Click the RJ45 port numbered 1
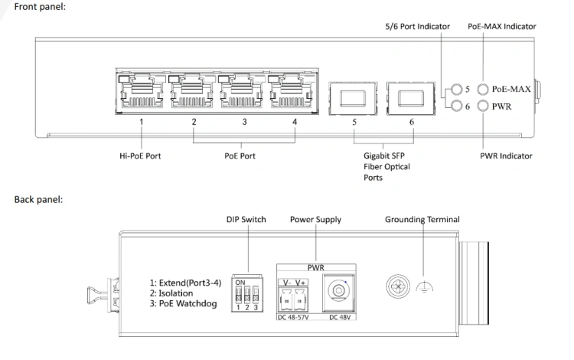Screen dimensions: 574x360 (x=141, y=91)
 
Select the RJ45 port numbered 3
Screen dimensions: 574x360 (x=241, y=91)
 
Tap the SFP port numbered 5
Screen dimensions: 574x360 (x=353, y=99)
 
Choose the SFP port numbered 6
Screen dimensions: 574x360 (x=411, y=99)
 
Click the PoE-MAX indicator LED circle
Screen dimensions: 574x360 (x=483, y=89)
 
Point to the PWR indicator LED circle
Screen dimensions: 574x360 (x=483, y=106)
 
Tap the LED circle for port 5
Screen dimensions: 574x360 (x=456, y=89)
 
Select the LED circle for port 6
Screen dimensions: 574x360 (x=456, y=106)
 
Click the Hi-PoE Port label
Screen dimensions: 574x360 (x=140, y=156)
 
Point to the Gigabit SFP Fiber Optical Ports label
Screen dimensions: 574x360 (x=386, y=167)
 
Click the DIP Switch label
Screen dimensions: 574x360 (x=246, y=219)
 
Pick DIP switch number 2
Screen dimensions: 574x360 (x=247, y=294)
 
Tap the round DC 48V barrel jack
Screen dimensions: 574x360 (x=338, y=291)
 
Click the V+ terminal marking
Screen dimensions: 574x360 (x=300, y=283)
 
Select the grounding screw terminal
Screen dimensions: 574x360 (x=398, y=286)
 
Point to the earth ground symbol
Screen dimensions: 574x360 (x=424, y=287)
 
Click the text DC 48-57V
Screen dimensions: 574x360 (x=293, y=317)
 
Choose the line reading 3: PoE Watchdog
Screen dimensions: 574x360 (x=183, y=303)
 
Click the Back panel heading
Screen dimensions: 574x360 (x=38, y=200)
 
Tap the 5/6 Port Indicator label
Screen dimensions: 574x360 (x=417, y=26)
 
